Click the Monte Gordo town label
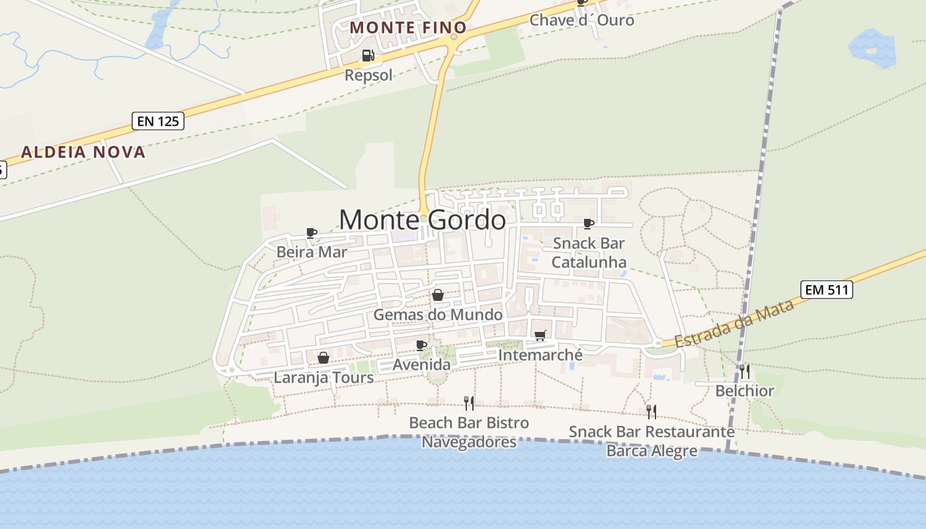tap(423, 220)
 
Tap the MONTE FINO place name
tap(408, 28)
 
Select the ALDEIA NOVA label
tap(83, 152)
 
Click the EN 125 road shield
tap(157, 121)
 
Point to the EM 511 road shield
tap(826, 290)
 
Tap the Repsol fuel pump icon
tap(368, 56)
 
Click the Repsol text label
tap(368, 75)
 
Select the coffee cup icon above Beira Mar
tap(312, 233)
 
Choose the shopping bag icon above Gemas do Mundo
tap(437, 295)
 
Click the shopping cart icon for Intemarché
tap(540, 336)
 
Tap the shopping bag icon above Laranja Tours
tap(323, 358)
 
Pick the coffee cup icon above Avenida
tap(421, 345)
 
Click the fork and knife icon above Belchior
tap(745, 371)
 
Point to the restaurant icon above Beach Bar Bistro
tap(469, 403)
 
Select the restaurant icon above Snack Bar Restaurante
tap(652, 412)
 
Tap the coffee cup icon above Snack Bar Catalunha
tap(589, 224)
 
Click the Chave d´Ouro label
tap(582, 20)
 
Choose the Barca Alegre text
tap(652, 451)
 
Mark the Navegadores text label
tap(469, 442)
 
